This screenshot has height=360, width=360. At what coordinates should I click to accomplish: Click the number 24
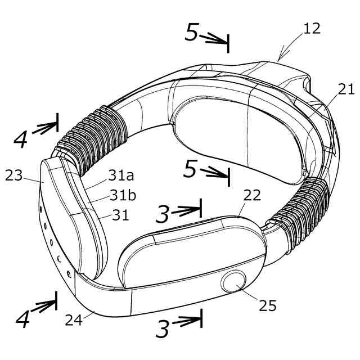pos(73,320)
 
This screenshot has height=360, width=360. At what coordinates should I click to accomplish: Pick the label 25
pos(268,305)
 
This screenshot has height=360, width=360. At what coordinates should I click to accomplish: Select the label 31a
pos(122,176)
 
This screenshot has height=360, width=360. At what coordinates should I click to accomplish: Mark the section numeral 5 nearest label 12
pos(192,34)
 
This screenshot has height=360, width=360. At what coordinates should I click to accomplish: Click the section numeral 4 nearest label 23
pos(21,138)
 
